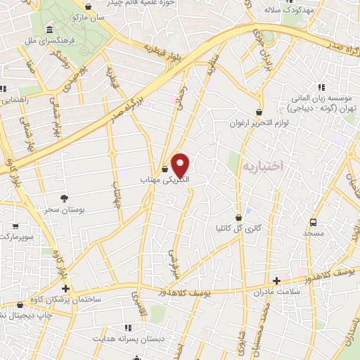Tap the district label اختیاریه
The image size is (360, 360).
click(x=262, y=166)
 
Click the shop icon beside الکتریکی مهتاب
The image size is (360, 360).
click(x=165, y=169)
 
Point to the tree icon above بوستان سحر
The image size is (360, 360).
click(x=65, y=199)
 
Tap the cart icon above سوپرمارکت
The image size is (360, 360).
click(x=16, y=227)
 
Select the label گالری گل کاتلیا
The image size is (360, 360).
click(x=239, y=229)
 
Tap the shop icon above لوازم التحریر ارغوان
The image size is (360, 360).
click(x=259, y=112)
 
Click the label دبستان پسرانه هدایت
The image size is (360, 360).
click(x=128, y=338)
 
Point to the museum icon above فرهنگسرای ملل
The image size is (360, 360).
click(x=49, y=30)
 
